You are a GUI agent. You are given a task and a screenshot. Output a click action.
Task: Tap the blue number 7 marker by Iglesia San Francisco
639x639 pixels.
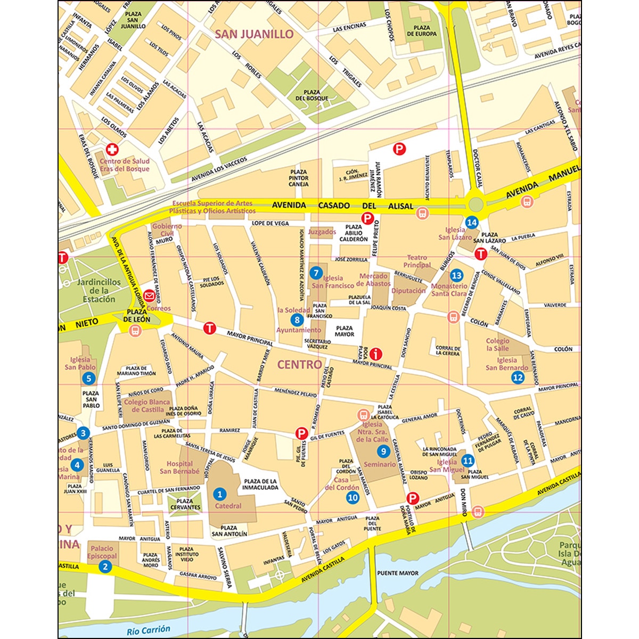point(316,273)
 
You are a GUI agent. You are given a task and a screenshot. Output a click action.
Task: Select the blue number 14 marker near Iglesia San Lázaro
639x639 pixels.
point(471,222)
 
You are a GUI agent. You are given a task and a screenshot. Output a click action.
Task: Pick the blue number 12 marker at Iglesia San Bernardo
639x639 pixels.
point(518,378)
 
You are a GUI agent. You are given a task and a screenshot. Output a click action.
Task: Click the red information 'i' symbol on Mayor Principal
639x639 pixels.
point(376,353)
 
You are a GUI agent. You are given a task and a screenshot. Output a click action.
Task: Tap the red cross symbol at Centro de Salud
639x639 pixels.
point(112,150)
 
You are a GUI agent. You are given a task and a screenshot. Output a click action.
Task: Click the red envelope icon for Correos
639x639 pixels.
point(150,299)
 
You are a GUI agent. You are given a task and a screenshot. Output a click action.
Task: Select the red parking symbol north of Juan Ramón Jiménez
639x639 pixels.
point(398,149)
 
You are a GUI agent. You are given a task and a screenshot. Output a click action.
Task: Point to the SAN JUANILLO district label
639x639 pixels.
point(254,34)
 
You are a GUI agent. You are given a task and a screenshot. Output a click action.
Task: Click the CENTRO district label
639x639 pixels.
point(299,365)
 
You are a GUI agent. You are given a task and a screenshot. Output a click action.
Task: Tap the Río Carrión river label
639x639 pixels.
point(149,630)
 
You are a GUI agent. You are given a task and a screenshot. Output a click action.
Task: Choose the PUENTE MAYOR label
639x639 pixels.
point(397,573)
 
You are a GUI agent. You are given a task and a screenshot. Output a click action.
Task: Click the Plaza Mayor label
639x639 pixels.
point(344,331)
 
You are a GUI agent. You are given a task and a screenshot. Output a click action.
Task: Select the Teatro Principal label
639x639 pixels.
point(417,261)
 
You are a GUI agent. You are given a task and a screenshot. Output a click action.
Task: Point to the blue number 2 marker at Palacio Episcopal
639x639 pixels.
point(105,567)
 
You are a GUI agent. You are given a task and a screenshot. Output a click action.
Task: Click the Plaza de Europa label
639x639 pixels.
point(422,31)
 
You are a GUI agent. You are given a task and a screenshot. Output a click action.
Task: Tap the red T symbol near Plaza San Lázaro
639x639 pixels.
point(480,255)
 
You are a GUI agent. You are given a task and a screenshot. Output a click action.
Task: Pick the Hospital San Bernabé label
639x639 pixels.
point(179,468)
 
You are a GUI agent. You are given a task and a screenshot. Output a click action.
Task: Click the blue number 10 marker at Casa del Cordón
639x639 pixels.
point(353,497)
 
